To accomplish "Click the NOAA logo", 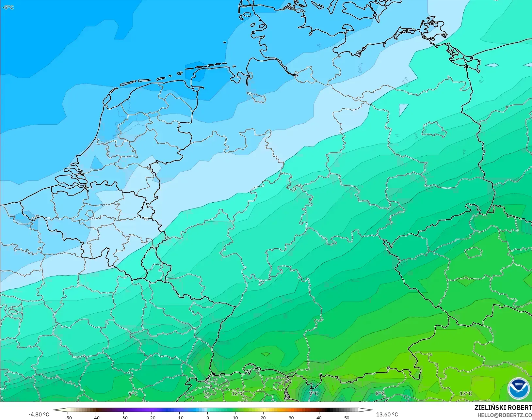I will [x=519, y=388].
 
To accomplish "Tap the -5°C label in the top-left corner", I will [x=8, y=7].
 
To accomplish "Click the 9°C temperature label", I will [x=133, y=394].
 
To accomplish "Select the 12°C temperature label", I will [x=237, y=394].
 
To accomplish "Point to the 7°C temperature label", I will [x=314, y=394].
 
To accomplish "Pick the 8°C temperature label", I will [x=380, y=394].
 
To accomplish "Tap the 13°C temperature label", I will [x=466, y=394].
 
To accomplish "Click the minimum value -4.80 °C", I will [x=39, y=414].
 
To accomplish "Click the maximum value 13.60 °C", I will [x=387, y=414].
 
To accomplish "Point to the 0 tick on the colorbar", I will [x=207, y=417].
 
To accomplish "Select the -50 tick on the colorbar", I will [x=68, y=417].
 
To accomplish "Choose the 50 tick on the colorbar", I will [x=347, y=417].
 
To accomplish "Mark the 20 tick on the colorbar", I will [x=263, y=417].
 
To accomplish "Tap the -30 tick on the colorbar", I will [x=124, y=417].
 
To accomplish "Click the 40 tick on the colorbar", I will [x=319, y=417].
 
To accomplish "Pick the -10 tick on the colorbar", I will [x=180, y=417].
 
